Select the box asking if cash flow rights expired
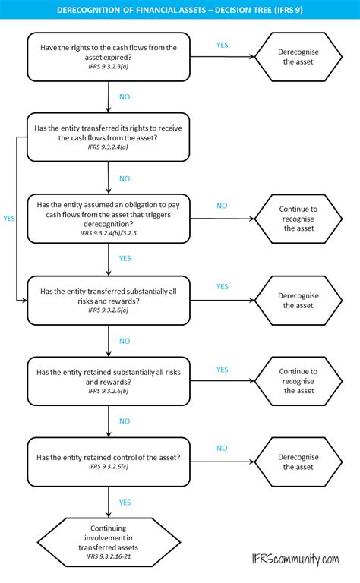pos(108,56)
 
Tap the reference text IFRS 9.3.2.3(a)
pos(108,67)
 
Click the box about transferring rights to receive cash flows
pos(108,137)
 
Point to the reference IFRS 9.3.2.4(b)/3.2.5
pos(108,234)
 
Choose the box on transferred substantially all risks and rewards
pos(108,300)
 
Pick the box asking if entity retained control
pos(108,462)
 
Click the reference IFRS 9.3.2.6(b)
pos(108,391)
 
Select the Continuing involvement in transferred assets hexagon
pos(108,540)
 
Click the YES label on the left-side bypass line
pos(9,218)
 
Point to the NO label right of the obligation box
pos(222,206)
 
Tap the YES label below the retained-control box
pos(125,502)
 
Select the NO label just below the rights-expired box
pos(125,97)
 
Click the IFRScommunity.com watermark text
pos(298,559)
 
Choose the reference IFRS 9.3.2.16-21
pos(108,556)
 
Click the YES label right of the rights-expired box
pos(222,45)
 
